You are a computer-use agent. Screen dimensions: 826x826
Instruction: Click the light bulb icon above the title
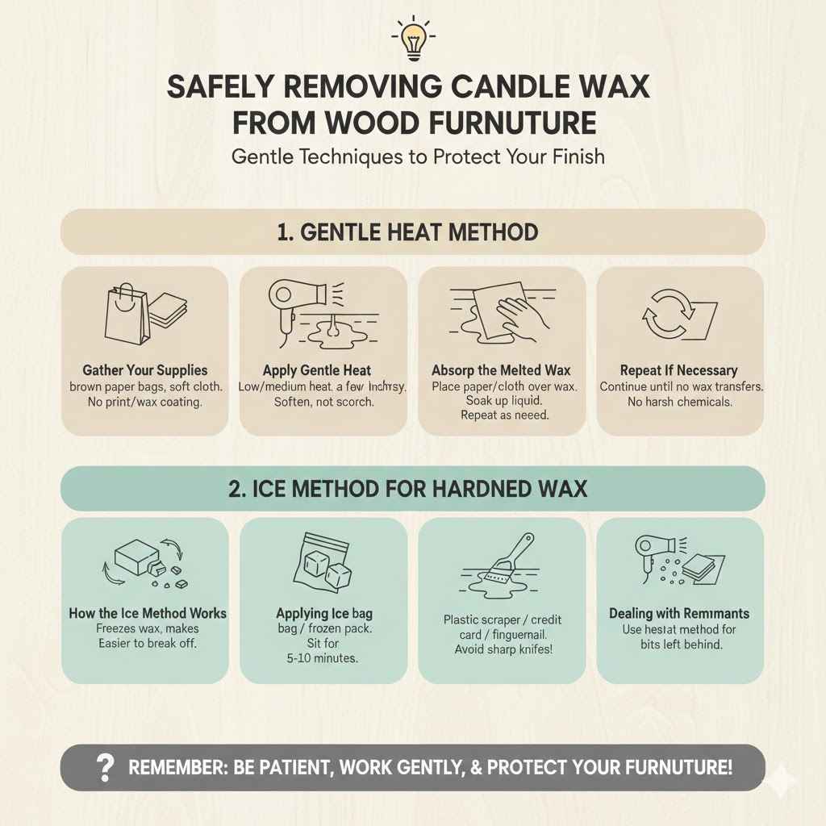[412, 37]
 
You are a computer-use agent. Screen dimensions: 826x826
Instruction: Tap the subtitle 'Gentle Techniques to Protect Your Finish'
[418, 156]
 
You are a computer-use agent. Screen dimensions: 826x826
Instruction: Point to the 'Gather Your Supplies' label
[144, 370]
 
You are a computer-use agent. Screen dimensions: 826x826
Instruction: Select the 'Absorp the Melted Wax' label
[501, 370]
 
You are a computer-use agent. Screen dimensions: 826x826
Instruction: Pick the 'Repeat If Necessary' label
[679, 370]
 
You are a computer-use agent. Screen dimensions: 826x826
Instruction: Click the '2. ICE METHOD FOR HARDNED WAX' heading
[407, 489]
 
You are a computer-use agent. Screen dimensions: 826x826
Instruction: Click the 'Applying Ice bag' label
[323, 614]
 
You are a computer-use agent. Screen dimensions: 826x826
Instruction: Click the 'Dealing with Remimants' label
[679, 614]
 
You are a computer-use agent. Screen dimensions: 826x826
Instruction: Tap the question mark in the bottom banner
[104, 768]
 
